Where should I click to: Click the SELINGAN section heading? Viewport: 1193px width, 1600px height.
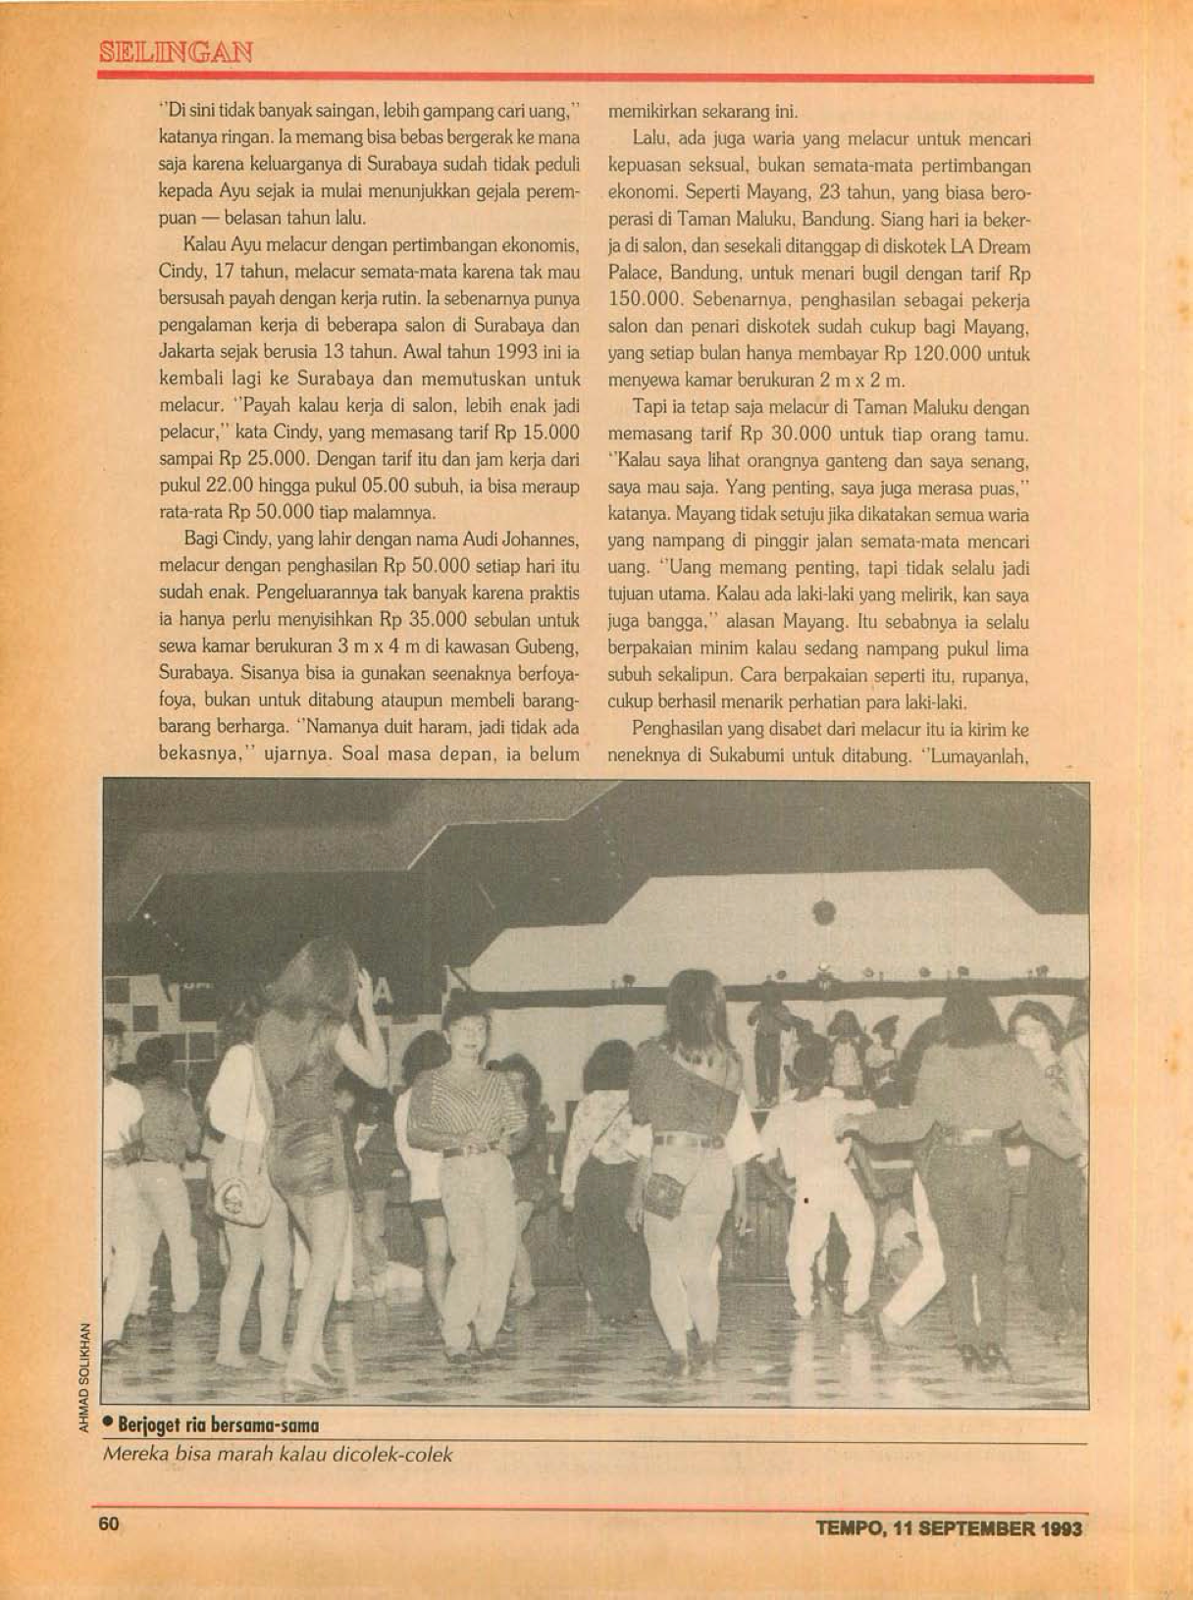(x=176, y=52)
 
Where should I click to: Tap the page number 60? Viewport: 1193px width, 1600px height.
(x=108, y=1524)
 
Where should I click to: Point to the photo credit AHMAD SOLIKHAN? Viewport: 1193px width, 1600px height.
(x=85, y=1377)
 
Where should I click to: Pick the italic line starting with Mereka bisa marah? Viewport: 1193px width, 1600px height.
(x=278, y=1454)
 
